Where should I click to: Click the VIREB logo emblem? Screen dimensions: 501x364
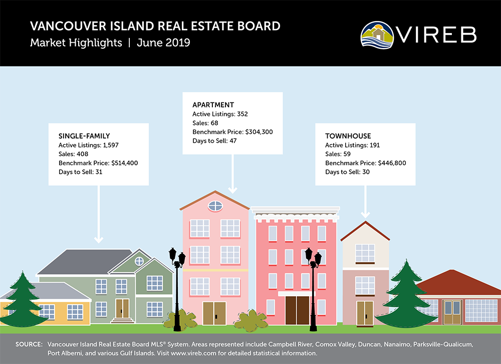tap(377, 35)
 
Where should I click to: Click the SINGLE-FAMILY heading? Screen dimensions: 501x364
tap(84, 136)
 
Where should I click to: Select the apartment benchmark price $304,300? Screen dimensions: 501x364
tap(259, 132)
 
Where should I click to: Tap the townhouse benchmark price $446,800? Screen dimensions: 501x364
tap(392, 163)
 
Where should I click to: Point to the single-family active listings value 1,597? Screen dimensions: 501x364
tap(111, 145)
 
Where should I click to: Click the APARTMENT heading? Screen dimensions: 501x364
tap(213, 105)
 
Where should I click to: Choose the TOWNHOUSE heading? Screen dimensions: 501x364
tap(348, 136)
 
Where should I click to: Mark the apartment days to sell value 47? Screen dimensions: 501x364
tap(233, 141)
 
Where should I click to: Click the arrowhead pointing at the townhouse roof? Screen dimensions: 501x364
tap(365, 214)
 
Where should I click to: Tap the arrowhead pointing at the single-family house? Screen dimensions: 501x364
tap(99, 239)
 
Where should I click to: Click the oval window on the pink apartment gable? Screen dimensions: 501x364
tap(215, 206)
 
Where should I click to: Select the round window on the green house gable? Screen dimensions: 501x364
tap(139, 261)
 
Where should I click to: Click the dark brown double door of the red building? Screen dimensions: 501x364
tap(297, 310)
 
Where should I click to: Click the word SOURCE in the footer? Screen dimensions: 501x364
tap(29, 344)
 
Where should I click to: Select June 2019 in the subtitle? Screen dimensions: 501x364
tap(163, 43)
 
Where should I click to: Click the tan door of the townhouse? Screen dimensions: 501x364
tap(365, 313)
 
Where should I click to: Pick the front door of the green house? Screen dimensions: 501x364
tap(122, 308)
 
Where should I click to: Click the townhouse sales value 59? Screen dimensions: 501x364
tap(347, 154)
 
